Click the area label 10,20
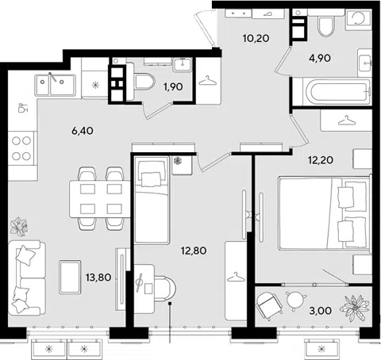pos(256,38)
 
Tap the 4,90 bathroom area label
pos(320,58)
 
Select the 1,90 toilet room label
pos(173,86)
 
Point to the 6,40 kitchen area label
pos(83,131)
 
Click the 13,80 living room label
pos(98,278)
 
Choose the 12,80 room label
pos(194,251)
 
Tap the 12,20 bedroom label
pos(321,160)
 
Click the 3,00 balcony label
pos(320,311)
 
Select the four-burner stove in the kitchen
pos(21,148)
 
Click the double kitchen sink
pos(56,85)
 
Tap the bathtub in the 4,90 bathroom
pos(338,91)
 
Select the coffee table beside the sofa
pos(70,277)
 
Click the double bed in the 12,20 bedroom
pos(325,213)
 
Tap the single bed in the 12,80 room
pos(152,200)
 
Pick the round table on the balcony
pos(295,301)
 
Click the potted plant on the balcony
pos(354,308)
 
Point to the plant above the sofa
pos(18,227)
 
